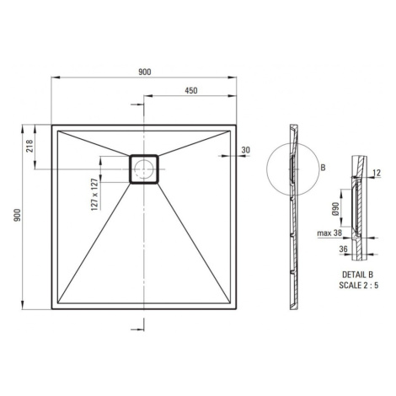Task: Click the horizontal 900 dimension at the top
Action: click(x=145, y=72)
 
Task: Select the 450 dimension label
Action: click(x=191, y=91)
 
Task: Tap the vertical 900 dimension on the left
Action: click(x=18, y=215)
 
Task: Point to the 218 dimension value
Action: click(x=29, y=146)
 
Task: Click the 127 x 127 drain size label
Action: click(x=95, y=195)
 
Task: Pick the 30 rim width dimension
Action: click(x=245, y=150)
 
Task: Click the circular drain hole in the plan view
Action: click(x=144, y=169)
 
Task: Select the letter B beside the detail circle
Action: click(x=323, y=168)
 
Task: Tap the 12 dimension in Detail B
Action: click(x=377, y=173)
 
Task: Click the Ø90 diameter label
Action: click(x=335, y=208)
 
